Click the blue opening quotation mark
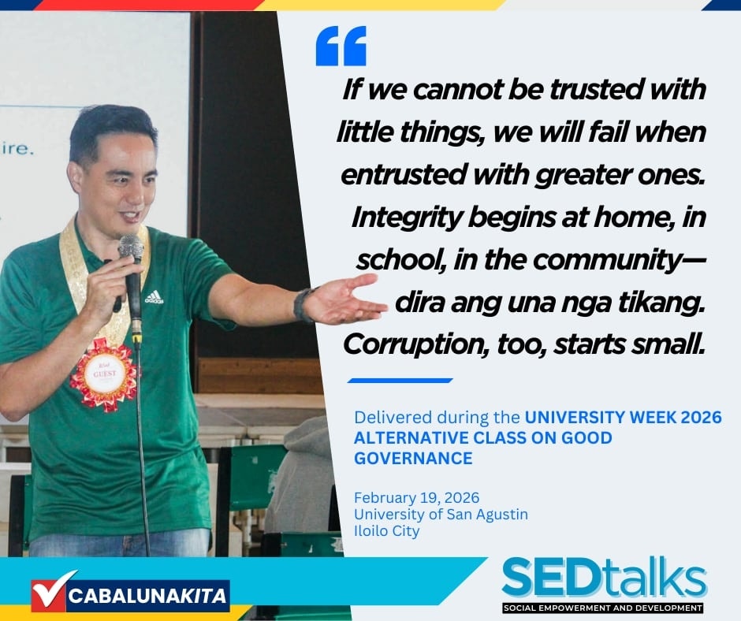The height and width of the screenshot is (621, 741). point(341,46)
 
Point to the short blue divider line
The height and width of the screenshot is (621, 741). point(400,381)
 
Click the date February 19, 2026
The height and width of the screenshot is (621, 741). point(416,497)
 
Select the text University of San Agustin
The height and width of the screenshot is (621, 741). point(441,514)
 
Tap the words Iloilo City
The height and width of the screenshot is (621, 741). point(386,530)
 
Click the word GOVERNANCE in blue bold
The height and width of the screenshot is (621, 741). point(413,459)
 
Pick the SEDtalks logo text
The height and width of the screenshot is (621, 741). point(604,578)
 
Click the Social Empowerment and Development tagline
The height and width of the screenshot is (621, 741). point(602,608)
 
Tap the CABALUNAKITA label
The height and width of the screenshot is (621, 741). point(147,596)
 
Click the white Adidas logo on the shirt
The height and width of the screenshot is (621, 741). point(154,297)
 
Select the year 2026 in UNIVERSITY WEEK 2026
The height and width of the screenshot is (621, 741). point(699,418)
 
